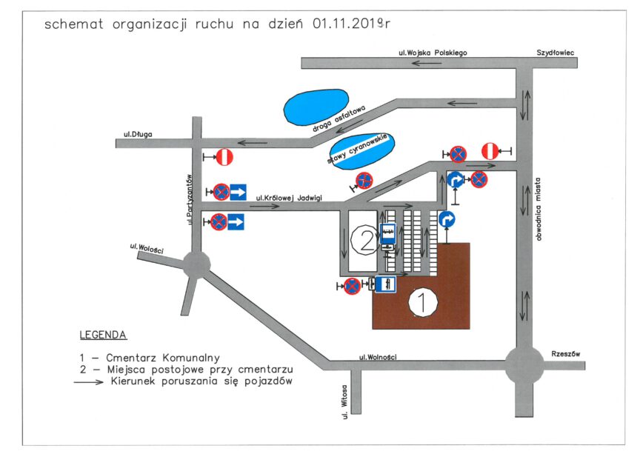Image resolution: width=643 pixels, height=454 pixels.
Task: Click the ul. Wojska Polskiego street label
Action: tap(433, 53)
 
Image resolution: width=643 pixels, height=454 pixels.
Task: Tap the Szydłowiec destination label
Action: tap(556, 53)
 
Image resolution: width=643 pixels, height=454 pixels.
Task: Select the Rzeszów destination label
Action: tap(566, 354)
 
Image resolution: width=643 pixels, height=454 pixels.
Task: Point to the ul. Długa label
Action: tap(138, 134)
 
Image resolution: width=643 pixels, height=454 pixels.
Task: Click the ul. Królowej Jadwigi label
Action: tap(289, 198)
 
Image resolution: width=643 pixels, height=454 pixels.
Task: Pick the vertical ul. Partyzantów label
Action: tap(189, 200)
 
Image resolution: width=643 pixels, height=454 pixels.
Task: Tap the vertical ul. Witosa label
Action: tap(344, 401)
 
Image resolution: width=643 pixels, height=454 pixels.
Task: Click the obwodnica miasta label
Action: tap(538, 209)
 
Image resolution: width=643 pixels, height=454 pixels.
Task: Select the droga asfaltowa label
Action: tap(339, 119)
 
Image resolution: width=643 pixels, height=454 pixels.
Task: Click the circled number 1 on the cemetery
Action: tap(423, 302)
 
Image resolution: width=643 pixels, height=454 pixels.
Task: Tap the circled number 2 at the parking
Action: tap(365, 241)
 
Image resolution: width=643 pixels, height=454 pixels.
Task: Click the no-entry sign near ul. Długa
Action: tap(224, 157)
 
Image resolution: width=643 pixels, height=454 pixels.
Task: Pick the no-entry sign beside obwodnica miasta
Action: tap(490, 151)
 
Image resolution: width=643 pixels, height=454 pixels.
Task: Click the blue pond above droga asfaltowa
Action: tap(316, 107)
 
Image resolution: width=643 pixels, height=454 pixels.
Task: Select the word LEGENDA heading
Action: tap(103, 335)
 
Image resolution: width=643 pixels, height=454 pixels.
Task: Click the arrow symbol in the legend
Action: tap(89, 382)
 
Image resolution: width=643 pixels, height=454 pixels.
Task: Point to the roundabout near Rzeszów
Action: tap(524, 365)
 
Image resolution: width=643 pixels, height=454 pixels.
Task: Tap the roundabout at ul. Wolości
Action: tap(196, 265)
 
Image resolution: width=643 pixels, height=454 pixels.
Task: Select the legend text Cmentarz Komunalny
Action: tap(163, 358)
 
